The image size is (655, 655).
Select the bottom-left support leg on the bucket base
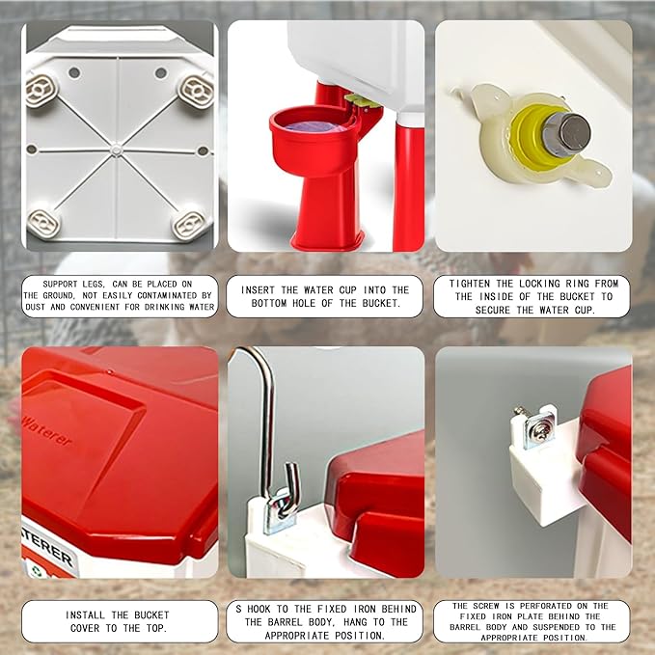(42, 222)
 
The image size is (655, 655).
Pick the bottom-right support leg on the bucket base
(189, 224)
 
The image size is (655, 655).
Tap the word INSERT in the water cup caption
(262, 289)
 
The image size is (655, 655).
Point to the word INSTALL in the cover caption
(91, 614)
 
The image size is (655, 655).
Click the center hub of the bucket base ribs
(117, 150)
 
